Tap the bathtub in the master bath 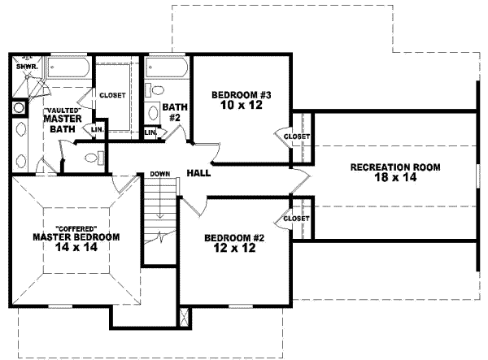(x=68, y=72)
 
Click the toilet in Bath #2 (x=155, y=90)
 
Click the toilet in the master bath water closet (x=95, y=158)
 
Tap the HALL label (x=199, y=173)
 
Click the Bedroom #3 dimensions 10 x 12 (x=241, y=106)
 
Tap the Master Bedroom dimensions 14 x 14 (x=76, y=248)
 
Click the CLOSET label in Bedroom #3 (x=296, y=137)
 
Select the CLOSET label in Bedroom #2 (x=296, y=219)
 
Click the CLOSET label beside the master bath (x=112, y=95)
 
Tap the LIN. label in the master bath (x=96, y=128)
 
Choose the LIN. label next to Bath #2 (x=150, y=132)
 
